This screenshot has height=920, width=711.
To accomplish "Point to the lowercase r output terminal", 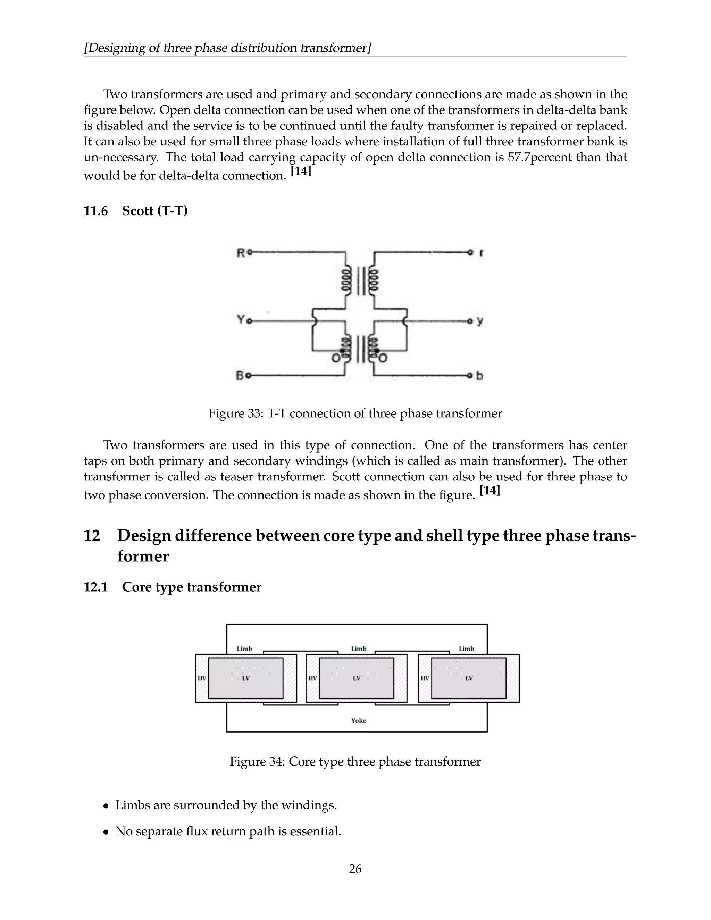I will pos(482,253).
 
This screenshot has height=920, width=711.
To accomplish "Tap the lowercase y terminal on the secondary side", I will pos(480,321).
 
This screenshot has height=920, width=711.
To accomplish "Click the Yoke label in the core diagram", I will pos(358,720).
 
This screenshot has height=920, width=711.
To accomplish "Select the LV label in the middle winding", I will pos(356,678).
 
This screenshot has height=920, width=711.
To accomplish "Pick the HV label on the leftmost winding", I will pos(202,678).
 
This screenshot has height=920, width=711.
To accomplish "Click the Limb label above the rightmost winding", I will pos(466,649).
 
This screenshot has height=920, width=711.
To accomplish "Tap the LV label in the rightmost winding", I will pos(469,678).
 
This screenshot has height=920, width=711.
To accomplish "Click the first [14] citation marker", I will pos(301,171).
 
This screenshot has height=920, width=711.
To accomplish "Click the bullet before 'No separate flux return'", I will pos(106,832).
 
